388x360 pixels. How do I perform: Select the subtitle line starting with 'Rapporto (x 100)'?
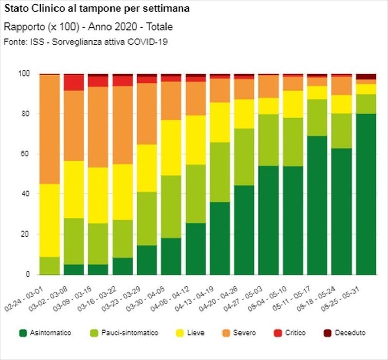tap(88, 26)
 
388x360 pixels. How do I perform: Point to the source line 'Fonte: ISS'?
tap(86, 41)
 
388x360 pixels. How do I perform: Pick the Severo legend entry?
tap(239, 333)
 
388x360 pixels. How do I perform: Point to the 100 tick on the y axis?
tap(30, 74)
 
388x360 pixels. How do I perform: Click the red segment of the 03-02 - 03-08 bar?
tap(73, 82)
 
